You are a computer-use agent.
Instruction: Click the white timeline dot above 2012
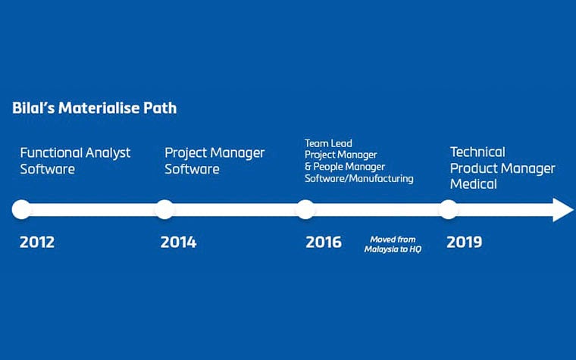(x=21, y=209)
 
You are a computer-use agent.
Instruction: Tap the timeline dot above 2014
(x=164, y=209)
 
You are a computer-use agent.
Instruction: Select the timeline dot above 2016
(x=305, y=209)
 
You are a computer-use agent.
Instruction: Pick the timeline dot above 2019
(x=449, y=209)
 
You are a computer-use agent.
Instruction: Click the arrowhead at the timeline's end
(x=562, y=209)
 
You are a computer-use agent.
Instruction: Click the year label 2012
(x=37, y=243)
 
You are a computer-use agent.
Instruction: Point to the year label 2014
(x=178, y=243)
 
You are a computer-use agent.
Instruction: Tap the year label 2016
(x=324, y=243)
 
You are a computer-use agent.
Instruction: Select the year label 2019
(x=465, y=243)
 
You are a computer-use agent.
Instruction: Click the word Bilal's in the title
(x=33, y=108)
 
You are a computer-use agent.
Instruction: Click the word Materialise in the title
(x=99, y=108)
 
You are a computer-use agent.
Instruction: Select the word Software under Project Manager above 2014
(x=193, y=169)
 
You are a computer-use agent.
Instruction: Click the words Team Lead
(x=328, y=142)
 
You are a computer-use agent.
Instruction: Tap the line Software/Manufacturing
(x=359, y=179)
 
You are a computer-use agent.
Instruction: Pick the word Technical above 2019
(x=477, y=152)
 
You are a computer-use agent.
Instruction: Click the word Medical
(x=474, y=184)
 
